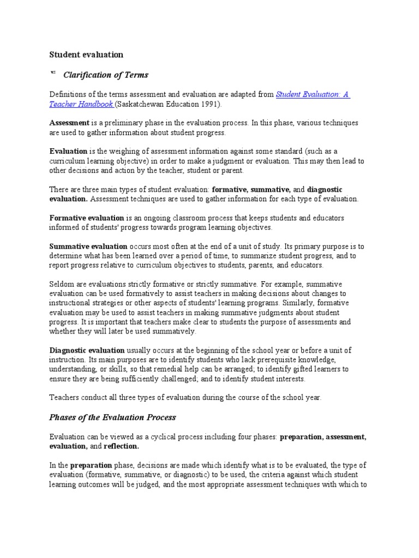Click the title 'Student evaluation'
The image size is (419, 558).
tap(86, 54)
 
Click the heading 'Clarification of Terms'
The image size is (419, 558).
tap(106, 75)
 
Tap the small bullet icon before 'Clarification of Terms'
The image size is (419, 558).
tap(53, 72)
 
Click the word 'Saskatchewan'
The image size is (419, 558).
tap(142, 104)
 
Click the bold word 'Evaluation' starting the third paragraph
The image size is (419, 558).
tap(69, 151)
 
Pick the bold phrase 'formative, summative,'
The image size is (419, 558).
tap(250, 189)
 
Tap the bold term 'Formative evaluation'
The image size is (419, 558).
tap(87, 217)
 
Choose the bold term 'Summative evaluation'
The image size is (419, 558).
tap(88, 246)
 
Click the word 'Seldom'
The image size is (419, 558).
tap(61, 284)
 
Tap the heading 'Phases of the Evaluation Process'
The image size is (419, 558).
tap(112, 417)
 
